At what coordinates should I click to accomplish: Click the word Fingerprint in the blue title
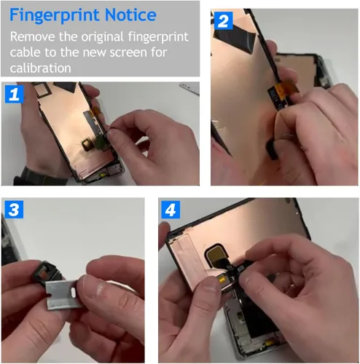(x=55, y=16)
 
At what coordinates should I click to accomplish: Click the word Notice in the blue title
(x=130, y=15)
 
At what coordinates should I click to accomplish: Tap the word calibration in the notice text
(x=40, y=68)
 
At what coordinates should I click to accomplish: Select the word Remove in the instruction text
(x=33, y=36)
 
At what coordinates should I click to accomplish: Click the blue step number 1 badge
(x=15, y=94)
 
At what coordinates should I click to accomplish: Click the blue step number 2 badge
(x=223, y=21)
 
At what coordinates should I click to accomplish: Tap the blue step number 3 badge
(x=14, y=209)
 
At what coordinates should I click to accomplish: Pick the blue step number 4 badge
(x=171, y=210)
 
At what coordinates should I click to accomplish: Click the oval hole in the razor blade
(x=73, y=293)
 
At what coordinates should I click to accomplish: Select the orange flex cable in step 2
(x=289, y=89)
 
